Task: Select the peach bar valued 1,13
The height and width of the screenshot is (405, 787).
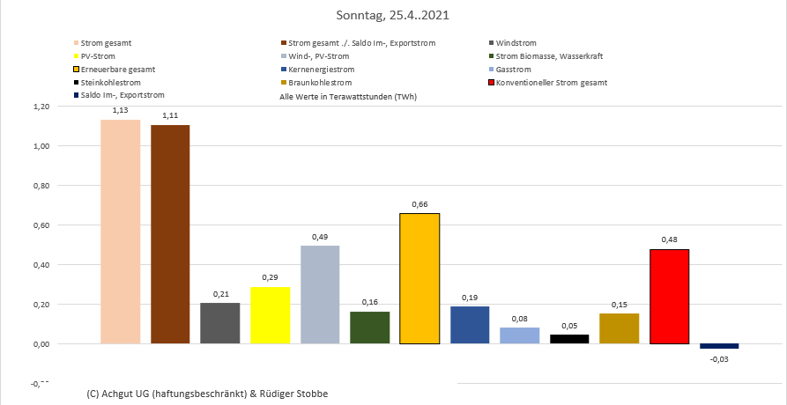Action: click(x=120, y=231)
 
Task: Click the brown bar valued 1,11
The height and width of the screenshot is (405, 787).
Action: click(x=170, y=233)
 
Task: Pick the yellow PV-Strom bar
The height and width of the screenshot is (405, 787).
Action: click(x=271, y=314)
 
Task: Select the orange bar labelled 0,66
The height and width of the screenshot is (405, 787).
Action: click(x=419, y=277)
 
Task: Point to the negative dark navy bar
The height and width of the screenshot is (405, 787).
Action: click(x=719, y=346)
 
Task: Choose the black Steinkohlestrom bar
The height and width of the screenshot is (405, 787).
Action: click(x=569, y=338)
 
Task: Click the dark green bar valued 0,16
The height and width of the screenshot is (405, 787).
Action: click(x=369, y=327)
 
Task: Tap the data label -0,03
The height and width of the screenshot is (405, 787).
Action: click(x=720, y=359)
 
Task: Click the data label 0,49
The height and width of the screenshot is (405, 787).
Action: click(x=320, y=236)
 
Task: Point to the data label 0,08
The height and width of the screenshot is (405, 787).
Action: click(x=519, y=318)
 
